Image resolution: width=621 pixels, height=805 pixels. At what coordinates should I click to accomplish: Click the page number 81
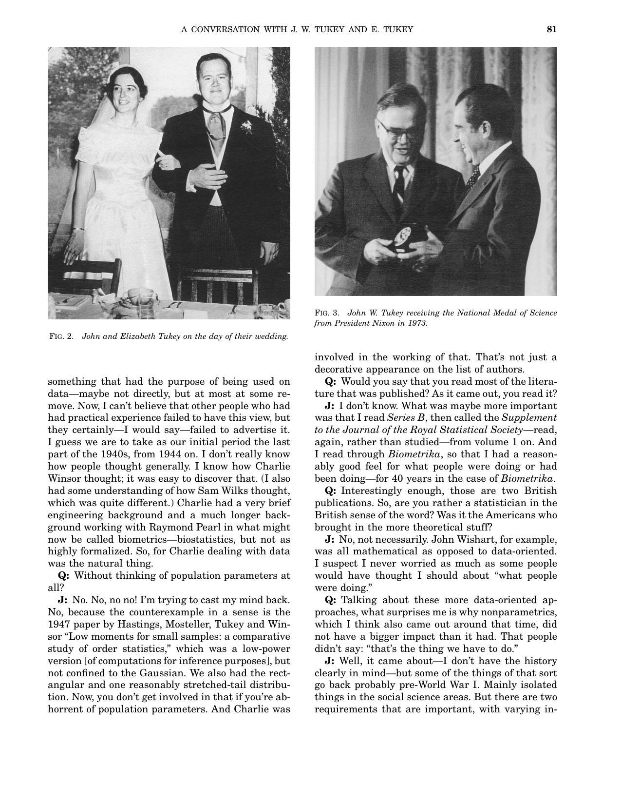(551, 29)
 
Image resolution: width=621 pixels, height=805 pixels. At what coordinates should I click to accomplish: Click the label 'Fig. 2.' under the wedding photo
(61, 336)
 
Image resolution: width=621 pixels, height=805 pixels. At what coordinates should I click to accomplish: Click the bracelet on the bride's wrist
(79, 228)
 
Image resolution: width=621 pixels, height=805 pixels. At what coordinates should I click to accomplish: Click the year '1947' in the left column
(58, 625)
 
